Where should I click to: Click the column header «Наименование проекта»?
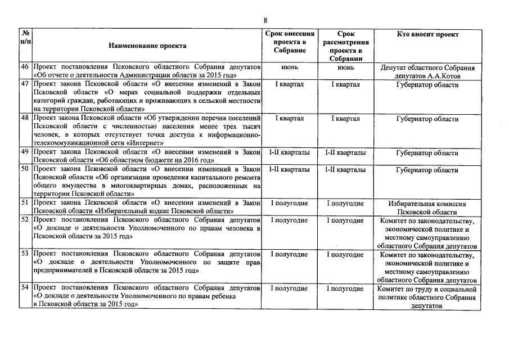148,46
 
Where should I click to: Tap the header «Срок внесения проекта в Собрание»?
289,42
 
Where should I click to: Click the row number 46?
25,67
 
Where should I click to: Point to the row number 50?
25,169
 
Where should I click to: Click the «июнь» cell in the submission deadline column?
289,67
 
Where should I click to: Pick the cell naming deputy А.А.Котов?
427,71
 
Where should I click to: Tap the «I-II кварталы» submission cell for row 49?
289,152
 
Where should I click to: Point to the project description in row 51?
146,207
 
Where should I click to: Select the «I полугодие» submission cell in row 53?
289,255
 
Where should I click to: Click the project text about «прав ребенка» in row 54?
135,296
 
